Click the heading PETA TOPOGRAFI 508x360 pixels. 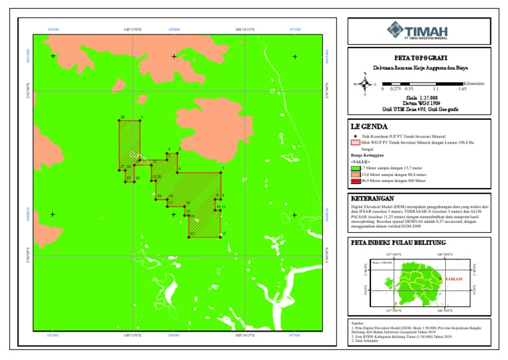point(419,58)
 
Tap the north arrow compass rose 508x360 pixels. point(364,84)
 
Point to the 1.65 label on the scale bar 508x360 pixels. point(462,89)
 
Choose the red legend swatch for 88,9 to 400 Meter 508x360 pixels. point(355,180)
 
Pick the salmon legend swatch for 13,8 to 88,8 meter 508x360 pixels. point(355,175)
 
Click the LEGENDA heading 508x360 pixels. point(369,126)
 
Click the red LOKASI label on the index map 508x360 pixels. point(453,279)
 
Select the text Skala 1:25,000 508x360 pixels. point(418,97)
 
